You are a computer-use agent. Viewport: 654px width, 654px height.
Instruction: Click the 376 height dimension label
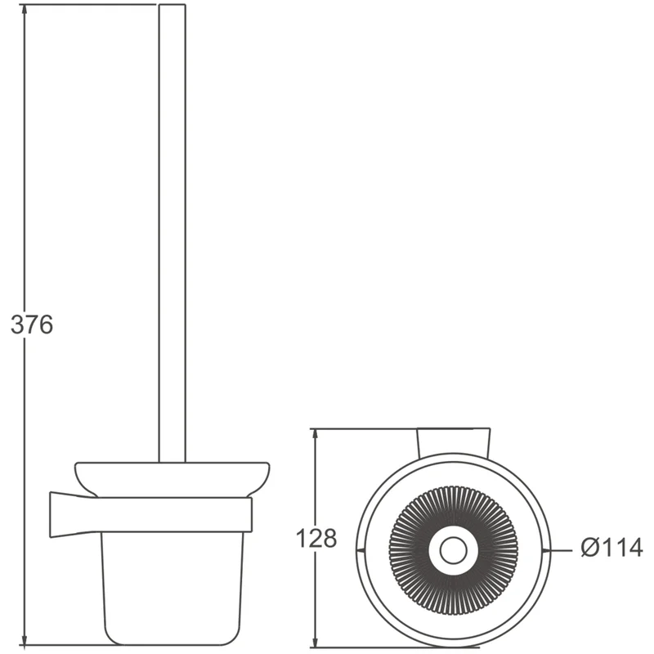click(32, 325)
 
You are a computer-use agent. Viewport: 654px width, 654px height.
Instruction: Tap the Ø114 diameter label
click(611, 547)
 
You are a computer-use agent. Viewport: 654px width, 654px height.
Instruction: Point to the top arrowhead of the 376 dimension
click(25, 12)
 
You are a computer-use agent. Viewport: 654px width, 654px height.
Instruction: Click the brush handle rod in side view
click(172, 234)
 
